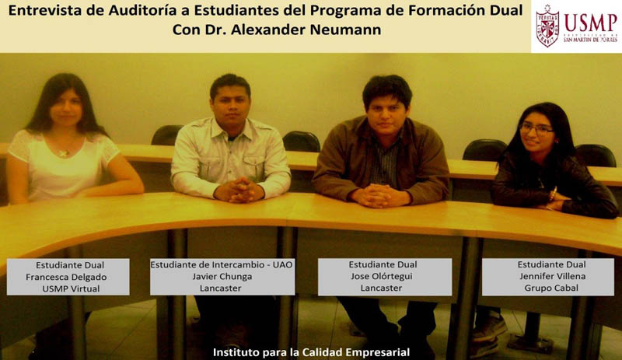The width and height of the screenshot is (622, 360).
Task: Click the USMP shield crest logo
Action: coord(547,26)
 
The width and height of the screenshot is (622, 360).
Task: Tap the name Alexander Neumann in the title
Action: coord(306,30)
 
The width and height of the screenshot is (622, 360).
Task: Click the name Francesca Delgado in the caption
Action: coord(66,277)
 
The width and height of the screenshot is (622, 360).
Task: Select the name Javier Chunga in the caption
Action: coord(222,276)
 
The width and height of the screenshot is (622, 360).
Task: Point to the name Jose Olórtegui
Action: coord(382,276)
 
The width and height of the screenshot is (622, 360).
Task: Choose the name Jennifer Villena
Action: coord(553,276)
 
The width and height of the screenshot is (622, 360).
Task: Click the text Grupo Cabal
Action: coord(551,288)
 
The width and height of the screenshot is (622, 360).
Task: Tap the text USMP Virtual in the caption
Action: coord(71,289)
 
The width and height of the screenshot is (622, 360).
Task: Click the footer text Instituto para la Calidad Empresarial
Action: coord(312,352)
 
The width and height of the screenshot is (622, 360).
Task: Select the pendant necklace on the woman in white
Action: coord(63,153)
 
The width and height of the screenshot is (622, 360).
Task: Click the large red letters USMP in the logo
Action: coord(591,23)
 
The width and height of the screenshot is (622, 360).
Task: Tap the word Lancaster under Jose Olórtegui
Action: coord(381,288)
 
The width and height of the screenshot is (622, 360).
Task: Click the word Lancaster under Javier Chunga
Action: coord(221,288)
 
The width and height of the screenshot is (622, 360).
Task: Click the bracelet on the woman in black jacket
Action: coord(553,194)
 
